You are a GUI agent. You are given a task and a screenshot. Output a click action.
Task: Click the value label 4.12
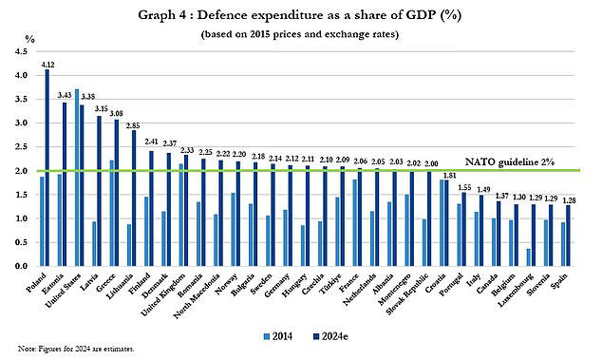tap(47, 63)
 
